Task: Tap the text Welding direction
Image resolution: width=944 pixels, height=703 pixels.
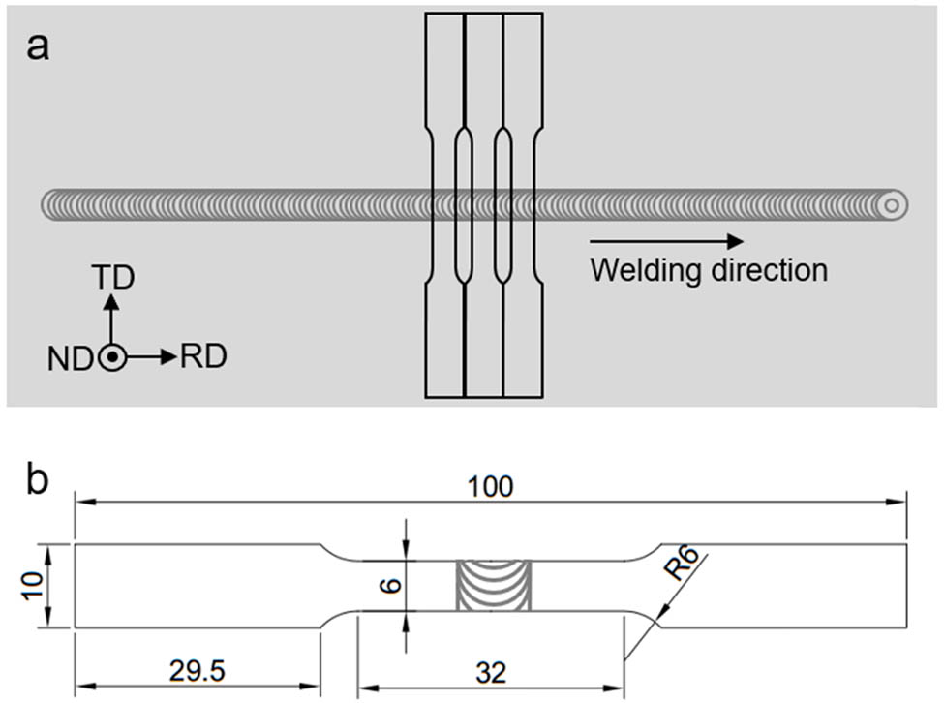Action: pos(709,269)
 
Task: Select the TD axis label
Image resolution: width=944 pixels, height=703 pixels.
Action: pos(112,279)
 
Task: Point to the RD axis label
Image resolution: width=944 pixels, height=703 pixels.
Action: pos(203,357)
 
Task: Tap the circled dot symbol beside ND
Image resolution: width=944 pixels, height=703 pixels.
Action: pos(112,357)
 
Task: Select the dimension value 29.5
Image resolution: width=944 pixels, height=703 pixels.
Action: pos(198,672)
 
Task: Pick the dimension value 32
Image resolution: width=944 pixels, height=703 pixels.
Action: pos(491,672)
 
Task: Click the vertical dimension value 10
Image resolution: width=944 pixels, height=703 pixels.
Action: pos(32,585)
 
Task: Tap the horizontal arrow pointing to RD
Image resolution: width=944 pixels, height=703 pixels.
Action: pos(150,357)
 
